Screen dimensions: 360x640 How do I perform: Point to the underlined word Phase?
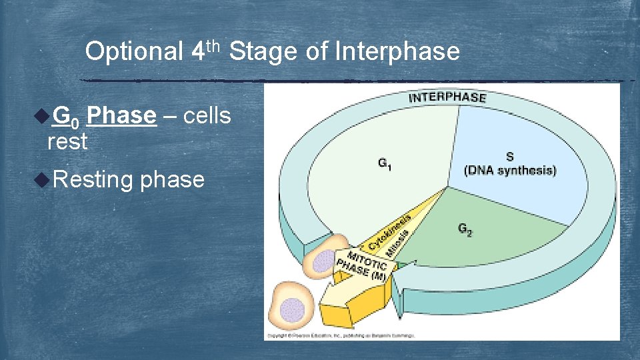pos(121,116)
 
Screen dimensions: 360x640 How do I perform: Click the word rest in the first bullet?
pos(67,141)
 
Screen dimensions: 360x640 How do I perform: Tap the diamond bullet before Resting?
pos(41,179)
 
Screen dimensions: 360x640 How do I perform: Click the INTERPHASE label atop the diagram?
pos(447,98)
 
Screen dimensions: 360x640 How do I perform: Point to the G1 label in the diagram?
pos(385,163)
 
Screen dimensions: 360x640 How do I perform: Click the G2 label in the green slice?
pos(465,229)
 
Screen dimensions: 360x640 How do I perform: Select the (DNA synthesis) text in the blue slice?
pos(510,170)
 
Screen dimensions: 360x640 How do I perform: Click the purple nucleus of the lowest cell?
pos(291,311)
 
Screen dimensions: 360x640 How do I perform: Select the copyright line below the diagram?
pos(340,335)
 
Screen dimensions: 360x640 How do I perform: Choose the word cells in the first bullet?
pos(207,116)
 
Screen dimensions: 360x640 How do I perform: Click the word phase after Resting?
pos(173,179)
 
